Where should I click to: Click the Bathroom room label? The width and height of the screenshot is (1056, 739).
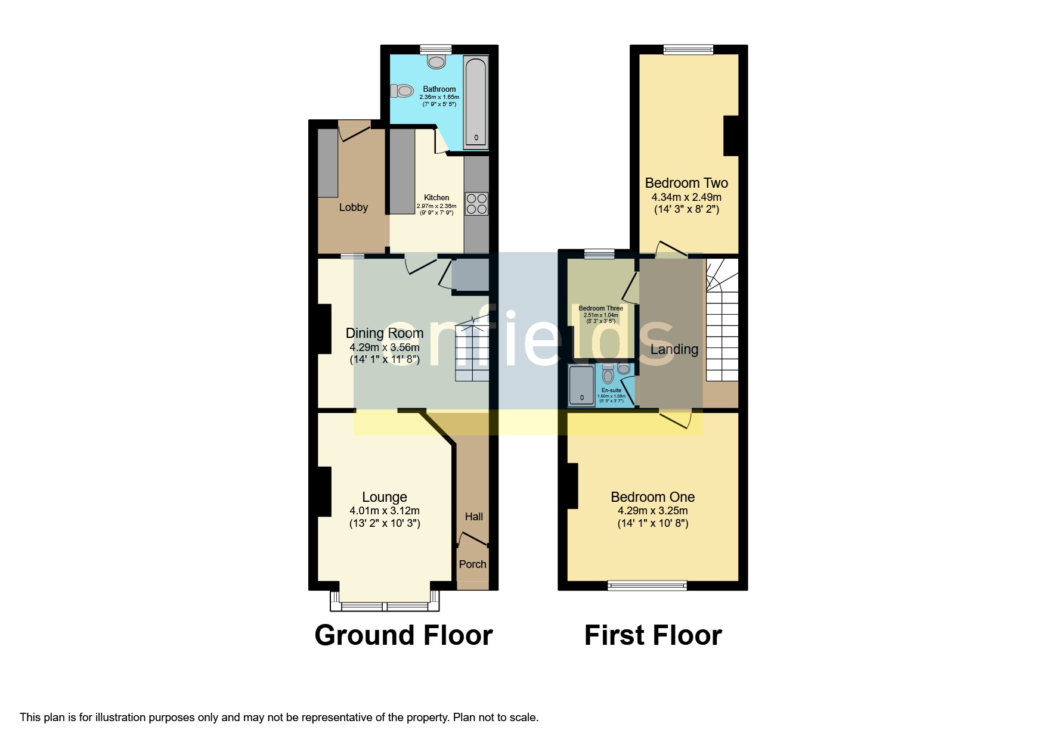(x=439, y=89)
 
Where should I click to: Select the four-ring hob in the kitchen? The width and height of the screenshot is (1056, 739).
(x=476, y=204)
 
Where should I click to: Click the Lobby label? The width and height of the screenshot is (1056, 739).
(x=354, y=207)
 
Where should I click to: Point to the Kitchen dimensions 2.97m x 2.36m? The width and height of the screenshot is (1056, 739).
(x=436, y=206)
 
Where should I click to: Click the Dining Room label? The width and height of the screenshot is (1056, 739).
(x=385, y=333)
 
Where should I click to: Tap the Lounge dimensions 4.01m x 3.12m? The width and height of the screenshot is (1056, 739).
(x=385, y=511)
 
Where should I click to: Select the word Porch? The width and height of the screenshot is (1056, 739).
(x=473, y=564)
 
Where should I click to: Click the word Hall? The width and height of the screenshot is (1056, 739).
(x=474, y=517)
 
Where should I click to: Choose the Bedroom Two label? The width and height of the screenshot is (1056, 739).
(x=686, y=183)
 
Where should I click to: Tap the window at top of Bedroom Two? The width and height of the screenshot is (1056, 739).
(x=689, y=50)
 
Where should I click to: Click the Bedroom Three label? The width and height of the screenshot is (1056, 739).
(x=601, y=308)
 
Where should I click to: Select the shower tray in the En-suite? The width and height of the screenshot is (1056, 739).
(x=581, y=386)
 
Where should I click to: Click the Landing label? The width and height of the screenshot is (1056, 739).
(x=674, y=349)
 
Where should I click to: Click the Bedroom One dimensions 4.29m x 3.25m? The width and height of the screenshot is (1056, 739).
(x=653, y=511)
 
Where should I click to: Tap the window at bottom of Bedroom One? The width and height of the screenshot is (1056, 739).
(x=647, y=586)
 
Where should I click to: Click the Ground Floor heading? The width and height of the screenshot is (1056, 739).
(x=404, y=635)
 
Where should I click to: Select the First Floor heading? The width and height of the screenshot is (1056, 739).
(x=653, y=635)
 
